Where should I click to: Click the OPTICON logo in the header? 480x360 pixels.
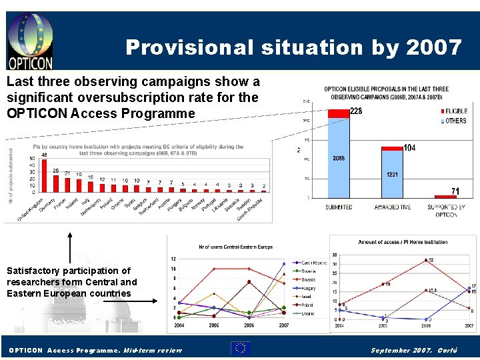pos(30,41)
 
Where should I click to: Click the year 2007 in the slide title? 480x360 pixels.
pos(437,47)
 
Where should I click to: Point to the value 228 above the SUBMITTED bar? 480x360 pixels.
pos(356,111)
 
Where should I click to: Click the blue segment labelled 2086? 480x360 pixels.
pos(339,158)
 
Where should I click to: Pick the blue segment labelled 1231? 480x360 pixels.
pos(393,174)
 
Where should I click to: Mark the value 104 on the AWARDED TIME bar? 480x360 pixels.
pos(409,148)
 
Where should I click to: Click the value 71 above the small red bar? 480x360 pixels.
pos(455,191)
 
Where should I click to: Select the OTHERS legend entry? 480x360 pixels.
pos(455,121)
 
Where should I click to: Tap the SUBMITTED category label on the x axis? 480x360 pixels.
pos(339,207)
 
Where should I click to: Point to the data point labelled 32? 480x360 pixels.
pos(425,260)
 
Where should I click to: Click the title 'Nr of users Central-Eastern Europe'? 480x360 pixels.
pos(236,247)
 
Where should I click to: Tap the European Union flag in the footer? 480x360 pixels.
pos(240,348)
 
